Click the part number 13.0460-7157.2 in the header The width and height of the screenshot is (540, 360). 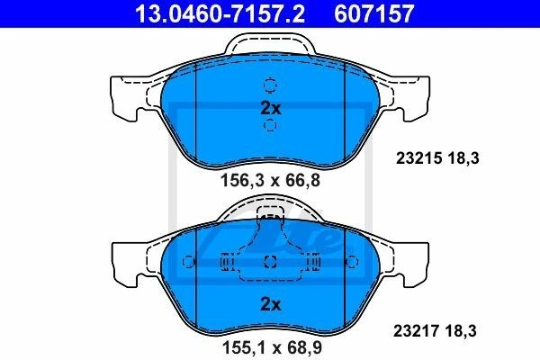tap(220, 13)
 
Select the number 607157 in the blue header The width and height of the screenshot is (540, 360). tap(373, 13)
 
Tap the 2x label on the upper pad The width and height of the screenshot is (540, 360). tap(271, 108)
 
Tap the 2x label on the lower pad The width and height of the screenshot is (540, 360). tap(271, 304)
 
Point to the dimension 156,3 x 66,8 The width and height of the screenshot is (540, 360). tap(270, 180)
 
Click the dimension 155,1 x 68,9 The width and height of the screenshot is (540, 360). tap(272, 347)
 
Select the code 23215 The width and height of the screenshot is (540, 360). tap(418, 158)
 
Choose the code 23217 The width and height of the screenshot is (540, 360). tap(417, 331)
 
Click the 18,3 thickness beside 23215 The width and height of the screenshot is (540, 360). tap(463, 158)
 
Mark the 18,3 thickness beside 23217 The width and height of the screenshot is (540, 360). tap(461, 331)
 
